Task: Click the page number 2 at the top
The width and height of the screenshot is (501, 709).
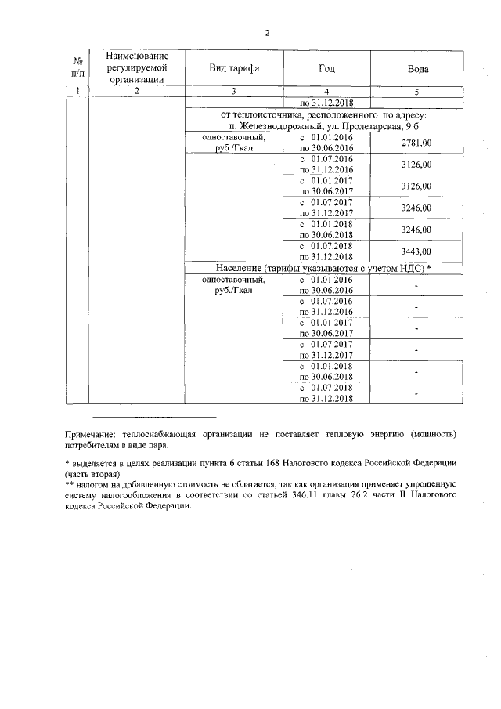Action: click(267, 33)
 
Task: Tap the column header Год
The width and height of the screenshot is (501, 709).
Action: click(326, 69)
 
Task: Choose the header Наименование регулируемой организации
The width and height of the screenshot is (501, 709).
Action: click(136, 68)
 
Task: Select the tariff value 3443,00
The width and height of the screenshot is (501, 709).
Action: click(416, 251)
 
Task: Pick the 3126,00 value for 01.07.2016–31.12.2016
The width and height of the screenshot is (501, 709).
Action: click(416, 165)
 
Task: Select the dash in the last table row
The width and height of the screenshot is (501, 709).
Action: click(416, 392)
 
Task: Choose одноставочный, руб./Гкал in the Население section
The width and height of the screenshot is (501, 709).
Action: click(232, 285)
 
